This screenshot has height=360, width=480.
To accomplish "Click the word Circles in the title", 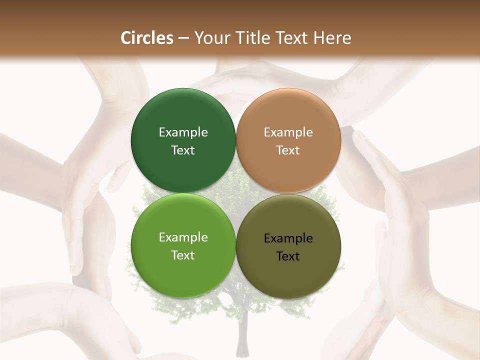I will (x=146, y=38).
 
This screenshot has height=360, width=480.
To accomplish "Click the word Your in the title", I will (x=211, y=38).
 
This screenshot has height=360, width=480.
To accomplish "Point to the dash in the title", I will (x=183, y=38).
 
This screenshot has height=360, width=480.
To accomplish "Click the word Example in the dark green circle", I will (x=183, y=132).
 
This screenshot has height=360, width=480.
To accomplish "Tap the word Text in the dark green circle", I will (x=183, y=150).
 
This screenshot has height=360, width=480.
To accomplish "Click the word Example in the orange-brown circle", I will (x=288, y=132).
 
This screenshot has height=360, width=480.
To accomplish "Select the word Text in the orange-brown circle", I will (x=288, y=150).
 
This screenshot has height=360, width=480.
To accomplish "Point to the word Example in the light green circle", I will (x=183, y=237).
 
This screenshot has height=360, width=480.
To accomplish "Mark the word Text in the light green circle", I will (x=183, y=255).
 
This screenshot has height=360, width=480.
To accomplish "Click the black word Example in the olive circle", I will (x=288, y=238).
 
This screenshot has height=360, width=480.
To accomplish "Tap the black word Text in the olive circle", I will (x=288, y=256).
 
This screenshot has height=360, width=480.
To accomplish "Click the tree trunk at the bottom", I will (x=243, y=340).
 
